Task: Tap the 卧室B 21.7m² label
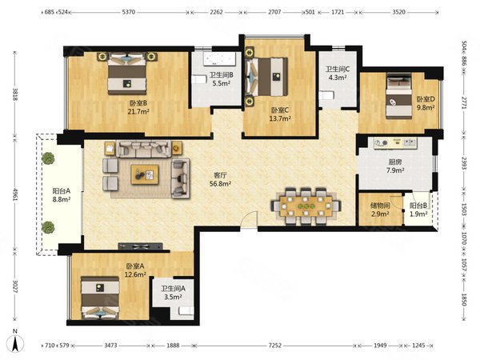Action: (x=138, y=107)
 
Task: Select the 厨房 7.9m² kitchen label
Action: (x=395, y=166)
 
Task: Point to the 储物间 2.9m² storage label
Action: (x=380, y=210)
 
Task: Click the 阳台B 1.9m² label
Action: (x=418, y=210)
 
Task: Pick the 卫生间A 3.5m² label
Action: (x=174, y=293)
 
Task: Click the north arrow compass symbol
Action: (x=16, y=342)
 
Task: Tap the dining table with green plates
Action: (x=306, y=206)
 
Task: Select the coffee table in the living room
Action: (x=145, y=174)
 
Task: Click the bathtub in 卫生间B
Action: (x=219, y=58)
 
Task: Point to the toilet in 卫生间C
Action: (x=326, y=96)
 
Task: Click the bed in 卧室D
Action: (x=398, y=96)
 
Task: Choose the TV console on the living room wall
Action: (x=141, y=246)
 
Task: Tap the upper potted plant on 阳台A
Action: (x=48, y=158)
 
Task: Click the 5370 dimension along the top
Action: (x=129, y=12)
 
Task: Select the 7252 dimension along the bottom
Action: (x=275, y=346)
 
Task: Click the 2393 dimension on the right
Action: (x=463, y=163)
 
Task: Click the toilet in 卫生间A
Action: (x=186, y=311)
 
